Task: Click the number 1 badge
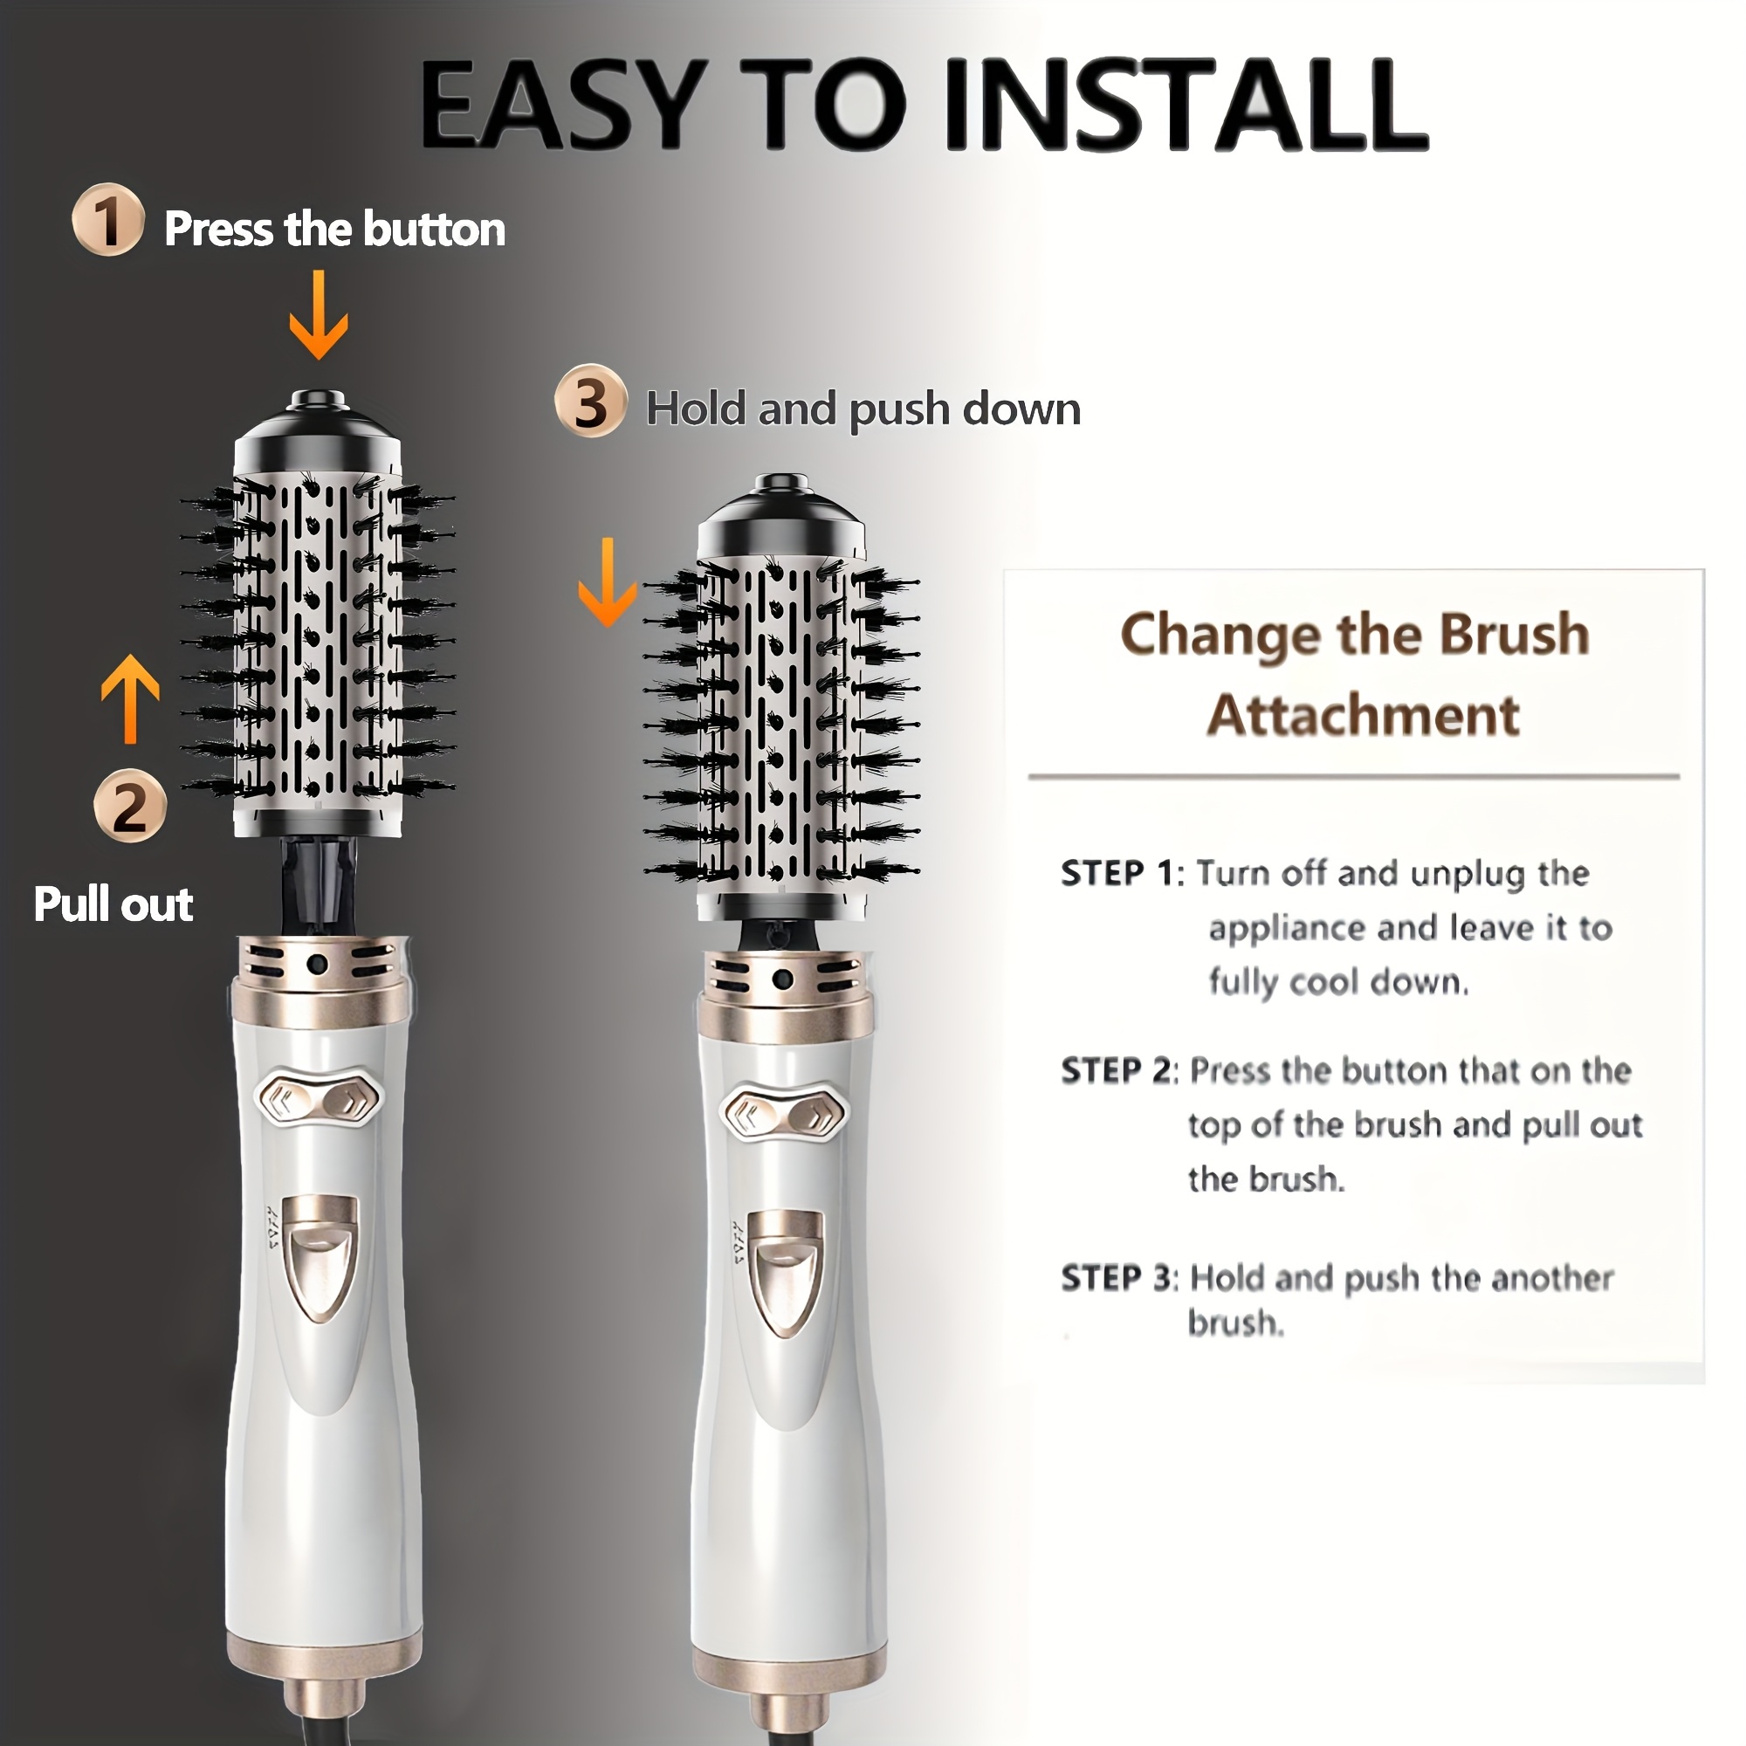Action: click(108, 220)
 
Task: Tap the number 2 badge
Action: click(130, 806)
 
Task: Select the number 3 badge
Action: click(591, 402)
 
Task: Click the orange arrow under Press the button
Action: click(318, 313)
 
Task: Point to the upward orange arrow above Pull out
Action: click(130, 698)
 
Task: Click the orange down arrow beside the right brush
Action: click(608, 582)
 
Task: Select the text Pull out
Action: click(113, 904)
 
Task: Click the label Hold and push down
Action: click(864, 409)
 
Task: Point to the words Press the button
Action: click(334, 229)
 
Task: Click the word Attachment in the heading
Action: click(1363, 716)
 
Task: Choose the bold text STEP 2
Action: click(1119, 1071)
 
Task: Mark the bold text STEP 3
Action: click(1119, 1278)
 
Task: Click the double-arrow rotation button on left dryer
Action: click(319, 1099)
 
